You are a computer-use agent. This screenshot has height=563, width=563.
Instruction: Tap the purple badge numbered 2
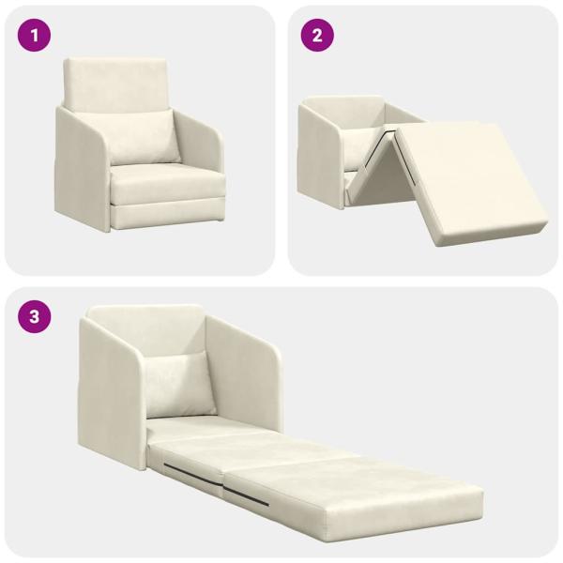[317, 37]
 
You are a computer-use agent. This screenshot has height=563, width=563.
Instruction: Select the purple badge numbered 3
[36, 316]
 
